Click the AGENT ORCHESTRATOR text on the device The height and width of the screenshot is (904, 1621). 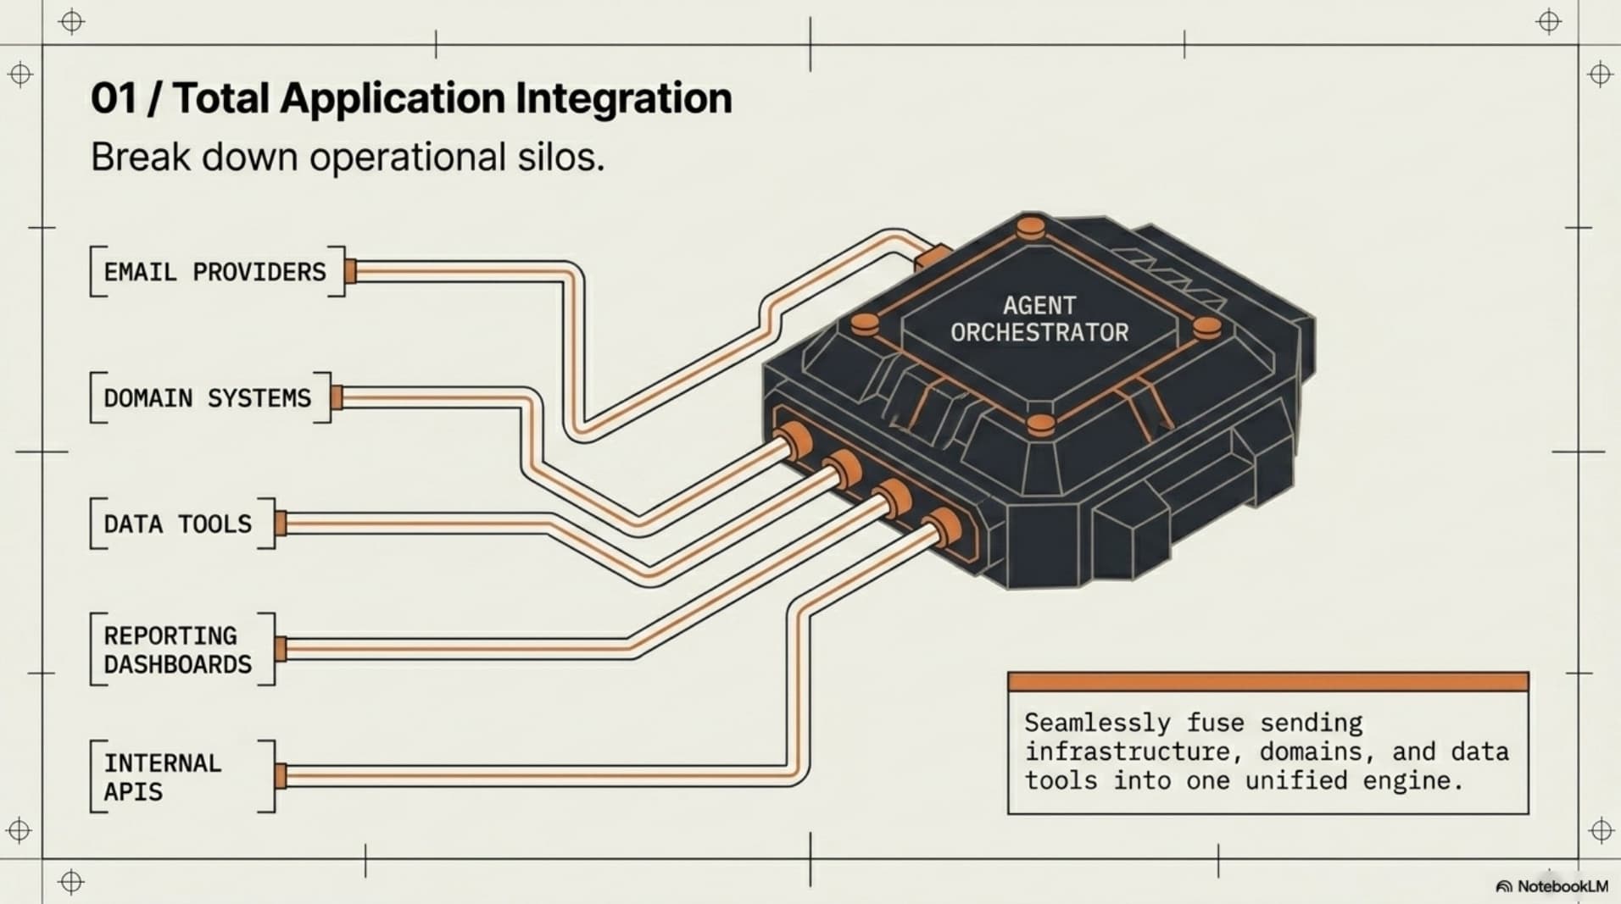pyautogui.click(x=1039, y=319)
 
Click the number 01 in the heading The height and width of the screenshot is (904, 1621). pyautogui.click(x=114, y=98)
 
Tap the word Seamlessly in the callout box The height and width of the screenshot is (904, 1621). pyautogui.click(x=1098, y=723)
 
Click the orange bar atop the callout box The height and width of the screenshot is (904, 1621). pyautogui.click(x=1268, y=682)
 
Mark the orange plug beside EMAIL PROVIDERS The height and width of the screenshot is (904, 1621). pyautogui.click(x=350, y=271)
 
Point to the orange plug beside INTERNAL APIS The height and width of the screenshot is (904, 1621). pyautogui.click(x=281, y=776)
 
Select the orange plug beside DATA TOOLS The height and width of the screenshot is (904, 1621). pyautogui.click(x=281, y=524)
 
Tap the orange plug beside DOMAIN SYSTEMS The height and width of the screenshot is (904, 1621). pyautogui.click(x=337, y=397)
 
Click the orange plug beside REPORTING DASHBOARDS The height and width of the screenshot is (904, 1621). pyautogui.click(x=281, y=649)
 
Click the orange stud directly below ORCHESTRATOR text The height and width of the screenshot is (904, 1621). pyautogui.click(x=1040, y=424)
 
